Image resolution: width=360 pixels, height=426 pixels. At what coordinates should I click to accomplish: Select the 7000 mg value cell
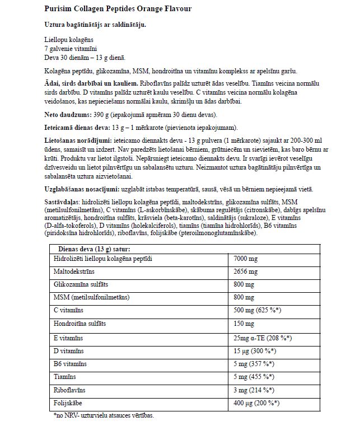[x=246, y=259]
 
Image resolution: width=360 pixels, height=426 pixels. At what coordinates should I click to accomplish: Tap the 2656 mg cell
[x=246, y=272]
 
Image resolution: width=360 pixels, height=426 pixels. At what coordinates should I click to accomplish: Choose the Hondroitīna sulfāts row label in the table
[x=79, y=324]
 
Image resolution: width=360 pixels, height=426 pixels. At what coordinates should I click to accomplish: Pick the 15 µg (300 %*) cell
[x=255, y=351]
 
